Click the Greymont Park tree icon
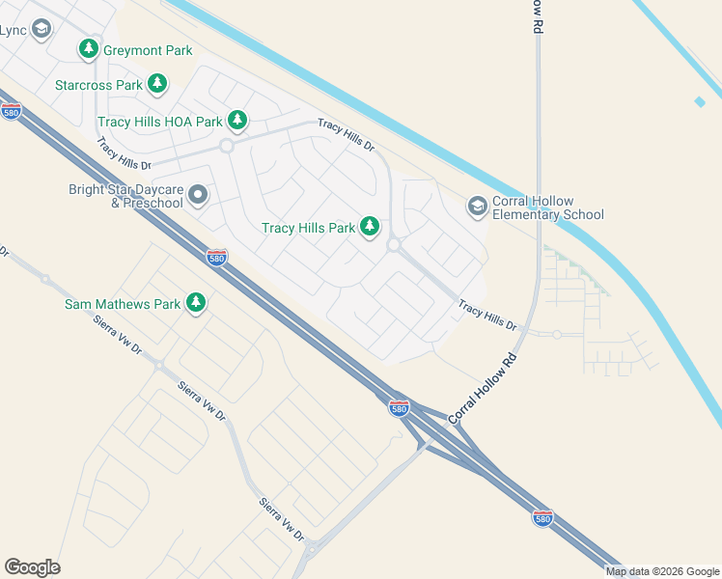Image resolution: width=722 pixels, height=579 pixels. point(89,49)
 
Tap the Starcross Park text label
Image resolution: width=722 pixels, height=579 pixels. point(99,85)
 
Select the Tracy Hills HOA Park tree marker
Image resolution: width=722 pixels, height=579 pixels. point(237,121)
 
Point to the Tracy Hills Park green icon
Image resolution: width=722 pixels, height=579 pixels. point(369,227)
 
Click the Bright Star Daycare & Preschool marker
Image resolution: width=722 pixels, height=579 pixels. point(198,196)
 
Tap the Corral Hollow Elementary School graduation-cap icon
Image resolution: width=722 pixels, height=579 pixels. point(477,207)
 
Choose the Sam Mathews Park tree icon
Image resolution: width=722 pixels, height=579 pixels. point(196,303)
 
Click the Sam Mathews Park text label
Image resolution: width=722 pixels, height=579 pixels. point(123,304)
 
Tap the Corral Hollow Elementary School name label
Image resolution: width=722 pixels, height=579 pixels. point(548,207)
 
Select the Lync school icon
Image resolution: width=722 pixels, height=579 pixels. point(41,30)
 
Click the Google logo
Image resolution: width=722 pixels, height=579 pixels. point(32,567)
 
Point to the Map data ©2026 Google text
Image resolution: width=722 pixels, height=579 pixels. point(662,571)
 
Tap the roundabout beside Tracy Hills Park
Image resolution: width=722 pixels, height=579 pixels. point(394,245)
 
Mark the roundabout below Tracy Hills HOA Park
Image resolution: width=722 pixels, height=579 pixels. point(227,146)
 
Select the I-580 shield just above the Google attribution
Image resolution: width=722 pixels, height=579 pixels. point(543,518)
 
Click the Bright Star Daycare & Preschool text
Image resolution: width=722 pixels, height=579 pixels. point(125,196)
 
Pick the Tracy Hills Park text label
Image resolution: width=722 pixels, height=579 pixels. point(309,229)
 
